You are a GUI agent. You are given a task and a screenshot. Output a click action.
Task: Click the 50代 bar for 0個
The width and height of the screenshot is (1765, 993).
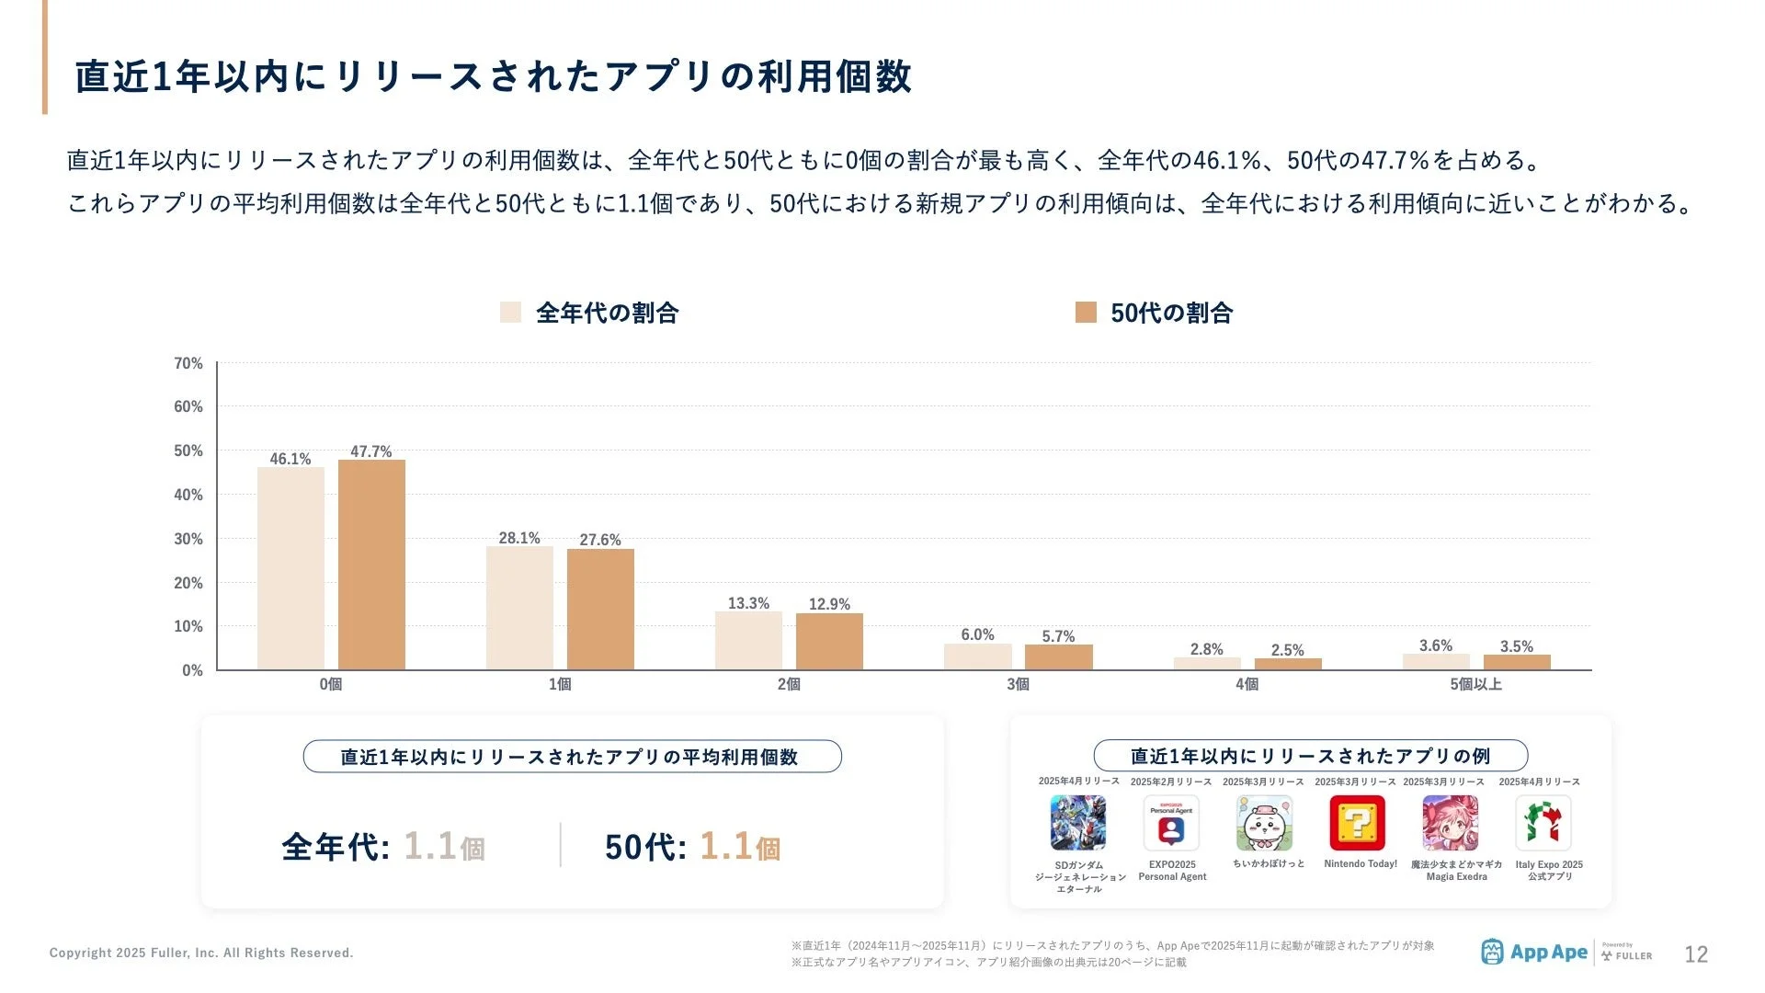click(x=371, y=565)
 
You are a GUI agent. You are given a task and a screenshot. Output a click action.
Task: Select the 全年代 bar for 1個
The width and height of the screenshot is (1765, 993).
click(x=519, y=608)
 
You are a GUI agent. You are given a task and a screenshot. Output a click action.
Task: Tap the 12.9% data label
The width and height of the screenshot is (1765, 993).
click(x=829, y=604)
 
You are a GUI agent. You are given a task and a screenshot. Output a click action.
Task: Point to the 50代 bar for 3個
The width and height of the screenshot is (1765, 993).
click(x=1058, y=656)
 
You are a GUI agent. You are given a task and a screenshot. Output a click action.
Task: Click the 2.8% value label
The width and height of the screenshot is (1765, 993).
click(x=1206, y=649)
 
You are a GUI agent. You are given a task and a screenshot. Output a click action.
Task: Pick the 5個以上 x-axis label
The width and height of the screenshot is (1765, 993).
click(x=1475, y=684)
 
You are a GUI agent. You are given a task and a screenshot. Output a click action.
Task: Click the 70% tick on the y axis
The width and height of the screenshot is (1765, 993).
click(x=188, y=363)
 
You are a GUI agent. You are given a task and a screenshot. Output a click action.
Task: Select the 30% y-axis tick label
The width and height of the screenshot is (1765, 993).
click(x=188, y=539)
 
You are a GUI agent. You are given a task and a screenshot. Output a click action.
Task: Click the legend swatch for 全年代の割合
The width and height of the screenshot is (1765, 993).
click(x=510, y=313)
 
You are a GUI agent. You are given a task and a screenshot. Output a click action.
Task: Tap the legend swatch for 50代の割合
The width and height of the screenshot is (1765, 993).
click(x=1086, y=313)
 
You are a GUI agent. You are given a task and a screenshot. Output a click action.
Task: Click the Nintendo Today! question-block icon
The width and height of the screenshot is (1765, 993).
click(x=1357, y=823)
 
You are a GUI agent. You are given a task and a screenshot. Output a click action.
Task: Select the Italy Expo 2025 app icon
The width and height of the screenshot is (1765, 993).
click(x=1543, y=823)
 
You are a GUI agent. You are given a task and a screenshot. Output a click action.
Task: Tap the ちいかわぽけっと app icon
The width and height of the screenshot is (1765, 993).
click(x=1264, y=823)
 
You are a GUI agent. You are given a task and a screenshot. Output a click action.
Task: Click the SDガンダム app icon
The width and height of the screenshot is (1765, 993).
click(x=1078, y=823)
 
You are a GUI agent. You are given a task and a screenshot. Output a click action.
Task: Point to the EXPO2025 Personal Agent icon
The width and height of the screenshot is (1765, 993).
click(x=1171, y=823)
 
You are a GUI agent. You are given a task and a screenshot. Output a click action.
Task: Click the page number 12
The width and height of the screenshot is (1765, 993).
click(x=1695, y=954)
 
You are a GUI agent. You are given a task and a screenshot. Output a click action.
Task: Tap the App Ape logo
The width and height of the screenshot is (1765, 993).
click(x=1534, y=953)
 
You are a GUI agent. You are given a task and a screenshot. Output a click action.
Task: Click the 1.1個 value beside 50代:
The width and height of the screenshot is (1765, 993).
click(x=739, y=847)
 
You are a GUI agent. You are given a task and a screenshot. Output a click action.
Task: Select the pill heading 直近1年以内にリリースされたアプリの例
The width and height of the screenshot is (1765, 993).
click(x=1310, y=756)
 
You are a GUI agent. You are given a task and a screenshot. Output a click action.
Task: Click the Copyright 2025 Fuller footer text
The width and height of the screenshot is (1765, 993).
click(x=201, y=953)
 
